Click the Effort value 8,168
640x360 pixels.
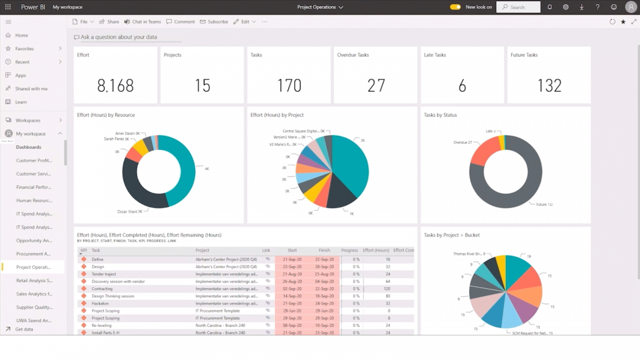coord(116,86)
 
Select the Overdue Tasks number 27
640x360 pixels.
coord(376,86)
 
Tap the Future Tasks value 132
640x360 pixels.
coord(549,86)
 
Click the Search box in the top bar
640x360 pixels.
coord(518,7)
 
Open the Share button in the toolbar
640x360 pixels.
coord(109,22)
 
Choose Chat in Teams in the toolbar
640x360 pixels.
coord(143,22)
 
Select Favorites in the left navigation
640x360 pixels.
coord(24,49)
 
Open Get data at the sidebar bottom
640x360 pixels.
coord(24,329)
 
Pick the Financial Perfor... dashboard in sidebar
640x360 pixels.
coord(34,187)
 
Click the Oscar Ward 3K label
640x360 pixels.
coord(129,212)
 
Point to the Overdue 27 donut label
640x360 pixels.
coord(463,142)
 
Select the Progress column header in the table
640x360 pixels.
coord(349,250)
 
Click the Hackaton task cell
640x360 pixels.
coord(100,304)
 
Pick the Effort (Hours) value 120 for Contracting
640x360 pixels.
coord(387,289)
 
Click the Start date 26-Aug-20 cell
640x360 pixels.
coord(292,282)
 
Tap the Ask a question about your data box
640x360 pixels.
coord(119,37)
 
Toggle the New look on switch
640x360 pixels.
coord(455,7)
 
